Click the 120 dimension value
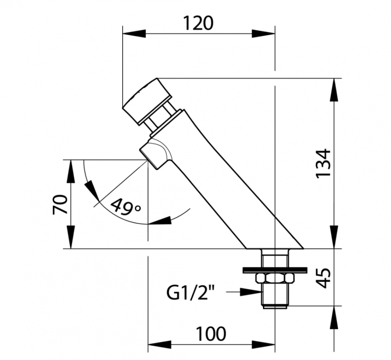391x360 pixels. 198,23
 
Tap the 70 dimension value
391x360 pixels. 60,204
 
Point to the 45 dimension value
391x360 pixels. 323,278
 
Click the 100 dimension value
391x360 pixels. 211,334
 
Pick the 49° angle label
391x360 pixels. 126,206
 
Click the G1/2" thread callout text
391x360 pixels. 191,292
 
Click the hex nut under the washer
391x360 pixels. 274,277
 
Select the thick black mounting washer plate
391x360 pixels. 275,270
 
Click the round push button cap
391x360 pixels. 147,101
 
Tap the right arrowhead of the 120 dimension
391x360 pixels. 263,34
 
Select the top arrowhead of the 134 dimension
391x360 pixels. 334,90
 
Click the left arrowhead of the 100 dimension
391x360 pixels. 160,344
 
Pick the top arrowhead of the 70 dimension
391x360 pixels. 71,171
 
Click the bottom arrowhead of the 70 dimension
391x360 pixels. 71,237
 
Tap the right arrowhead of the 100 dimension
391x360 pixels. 263,344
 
